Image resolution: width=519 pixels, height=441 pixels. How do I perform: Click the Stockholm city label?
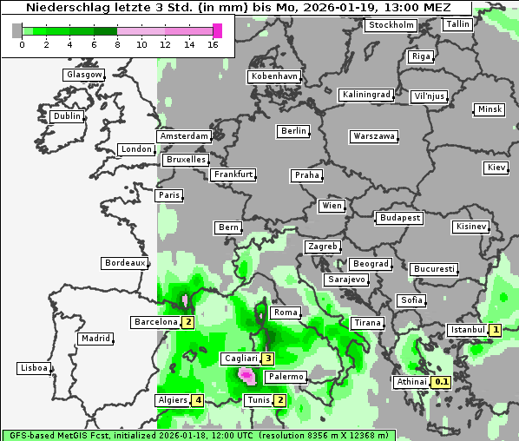391,25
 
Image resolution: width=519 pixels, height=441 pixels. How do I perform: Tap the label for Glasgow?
84,75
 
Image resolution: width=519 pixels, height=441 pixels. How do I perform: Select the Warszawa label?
374,136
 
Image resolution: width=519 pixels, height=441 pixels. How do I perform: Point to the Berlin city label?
293,131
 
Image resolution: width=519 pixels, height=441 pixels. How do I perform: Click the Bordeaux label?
125,263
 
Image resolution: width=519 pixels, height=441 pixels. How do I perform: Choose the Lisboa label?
34,368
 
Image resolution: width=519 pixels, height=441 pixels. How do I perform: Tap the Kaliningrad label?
366,94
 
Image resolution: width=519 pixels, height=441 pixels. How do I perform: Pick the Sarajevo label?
346,280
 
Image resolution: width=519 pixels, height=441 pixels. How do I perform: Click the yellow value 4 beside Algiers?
199,400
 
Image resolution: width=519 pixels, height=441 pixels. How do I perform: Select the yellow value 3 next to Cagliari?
269,359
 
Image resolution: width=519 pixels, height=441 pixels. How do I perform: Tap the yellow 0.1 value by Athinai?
442,382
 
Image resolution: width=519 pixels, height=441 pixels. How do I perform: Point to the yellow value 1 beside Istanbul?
495,330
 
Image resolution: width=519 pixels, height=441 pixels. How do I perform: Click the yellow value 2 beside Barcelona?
187,322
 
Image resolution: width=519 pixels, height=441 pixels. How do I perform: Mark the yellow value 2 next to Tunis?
279,400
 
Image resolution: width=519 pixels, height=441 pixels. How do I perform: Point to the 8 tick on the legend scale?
117,44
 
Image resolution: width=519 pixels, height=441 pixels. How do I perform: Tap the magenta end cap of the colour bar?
218,30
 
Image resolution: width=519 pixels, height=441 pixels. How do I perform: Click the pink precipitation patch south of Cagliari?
247,375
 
